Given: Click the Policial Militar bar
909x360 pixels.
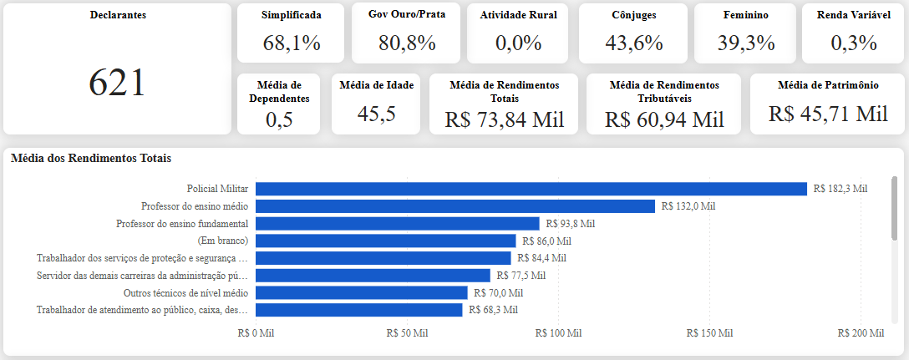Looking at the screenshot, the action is coord(531,189).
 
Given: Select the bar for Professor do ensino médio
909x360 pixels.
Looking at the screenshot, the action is coord(455,206).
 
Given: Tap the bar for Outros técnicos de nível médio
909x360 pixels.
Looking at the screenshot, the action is coord(361,292).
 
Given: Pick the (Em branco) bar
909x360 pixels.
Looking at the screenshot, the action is coord(385,241).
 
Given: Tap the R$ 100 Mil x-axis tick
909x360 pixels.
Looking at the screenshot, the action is coord(558,333).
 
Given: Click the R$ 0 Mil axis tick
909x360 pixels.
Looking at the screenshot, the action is coord(256,333).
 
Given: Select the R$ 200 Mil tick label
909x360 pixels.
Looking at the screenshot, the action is coord(861,333).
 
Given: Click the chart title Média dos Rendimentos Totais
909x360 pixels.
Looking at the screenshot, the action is coord(90,158).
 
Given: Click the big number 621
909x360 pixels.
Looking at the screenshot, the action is coord(116,83).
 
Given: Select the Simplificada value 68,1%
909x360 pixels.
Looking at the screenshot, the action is coord(291,43).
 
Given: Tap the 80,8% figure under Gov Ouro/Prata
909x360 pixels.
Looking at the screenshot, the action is coord(406,43).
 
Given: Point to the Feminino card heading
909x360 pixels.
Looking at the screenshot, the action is coord(745,16).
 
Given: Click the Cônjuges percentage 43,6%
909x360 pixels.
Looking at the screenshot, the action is coord(633,43).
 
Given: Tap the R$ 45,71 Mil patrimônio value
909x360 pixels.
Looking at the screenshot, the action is coord(829,114).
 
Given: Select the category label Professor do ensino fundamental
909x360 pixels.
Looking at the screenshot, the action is coord(182,224).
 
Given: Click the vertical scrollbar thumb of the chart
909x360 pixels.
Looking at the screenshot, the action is coord(895,207).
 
